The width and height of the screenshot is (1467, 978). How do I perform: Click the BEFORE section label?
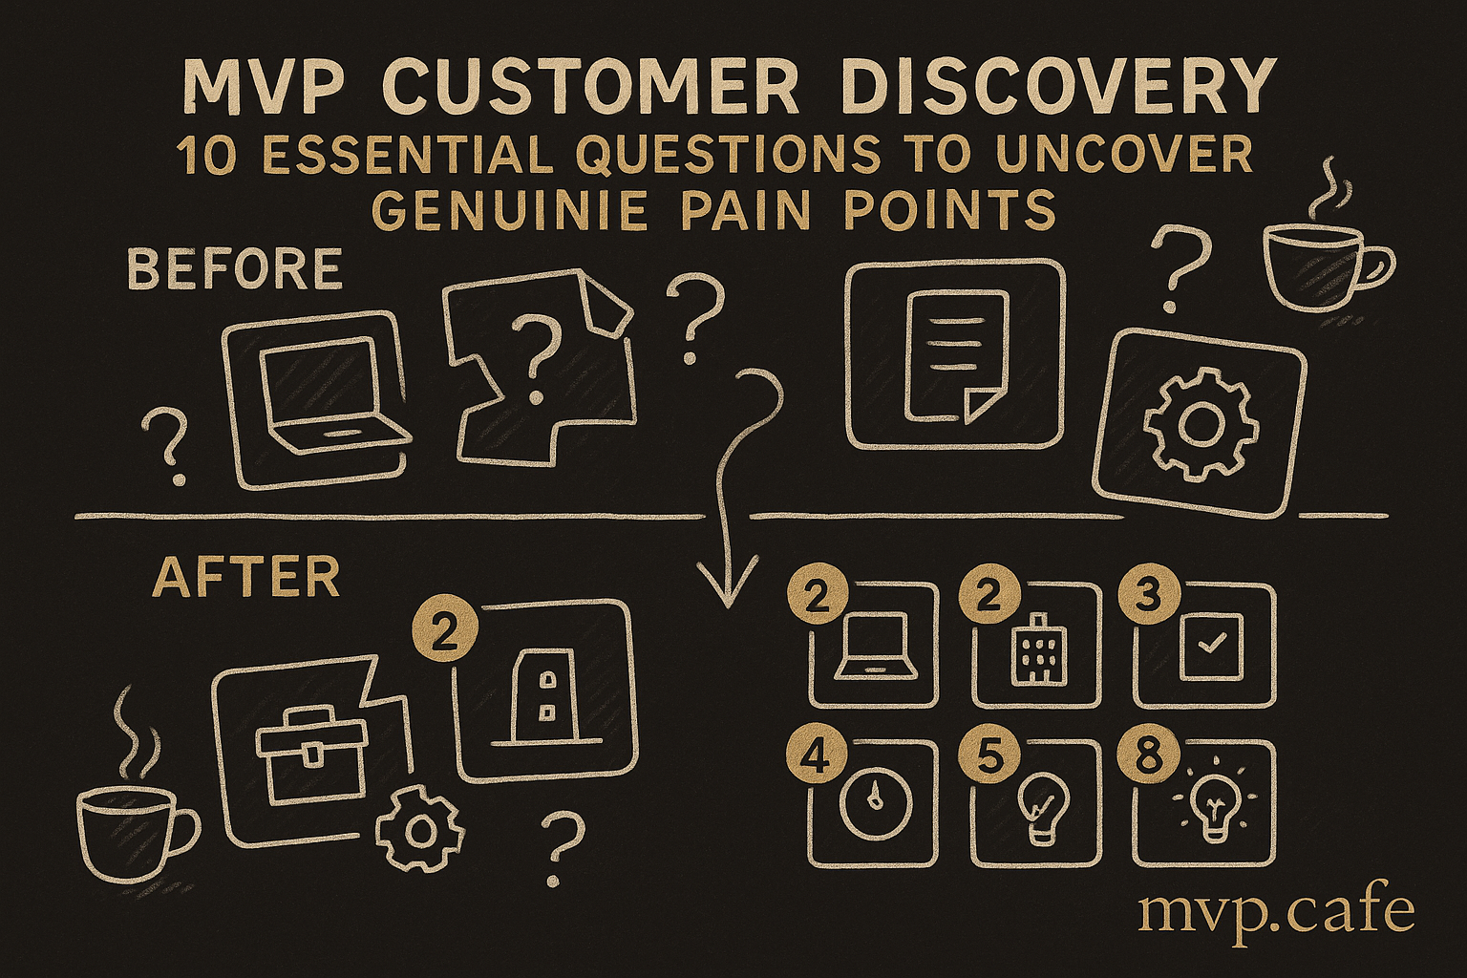click(x=235, y=268)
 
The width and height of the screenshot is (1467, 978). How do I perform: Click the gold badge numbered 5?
click(x=982, y=760)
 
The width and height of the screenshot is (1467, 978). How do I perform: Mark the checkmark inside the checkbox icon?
click(x=1206, y=646)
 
